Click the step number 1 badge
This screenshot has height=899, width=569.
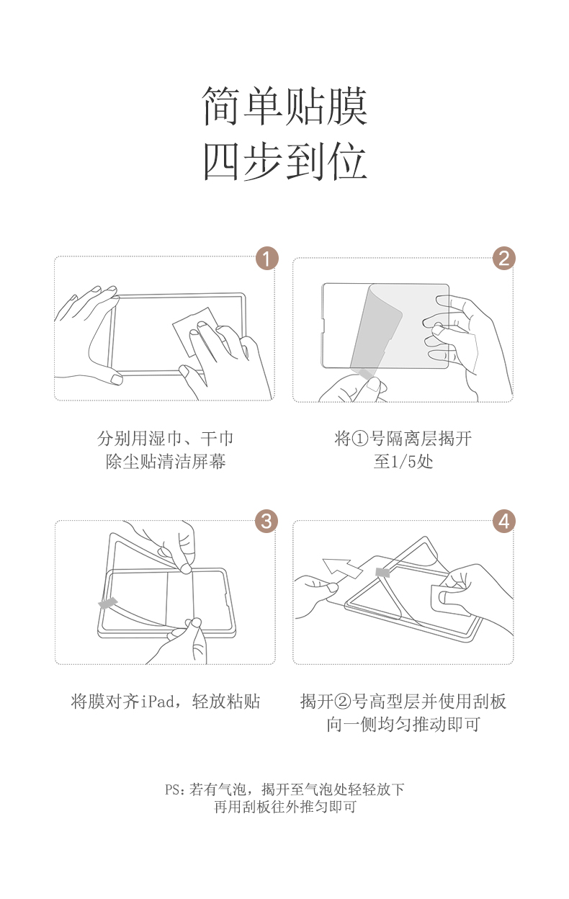(266, 258)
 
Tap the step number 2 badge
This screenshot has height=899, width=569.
(504, 258)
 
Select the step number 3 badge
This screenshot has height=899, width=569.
(266, 521)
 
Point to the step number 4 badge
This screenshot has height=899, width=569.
(504, 521)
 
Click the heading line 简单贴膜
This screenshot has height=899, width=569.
(285, 107)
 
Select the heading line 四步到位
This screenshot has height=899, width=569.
(285, 161)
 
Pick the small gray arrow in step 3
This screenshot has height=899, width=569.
(108, 601)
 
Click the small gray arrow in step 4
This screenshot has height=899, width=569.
(383, 572)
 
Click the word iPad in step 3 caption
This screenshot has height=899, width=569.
(154, 702)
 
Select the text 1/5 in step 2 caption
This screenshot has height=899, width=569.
(403, 462)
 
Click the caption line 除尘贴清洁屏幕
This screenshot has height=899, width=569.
(166, 462)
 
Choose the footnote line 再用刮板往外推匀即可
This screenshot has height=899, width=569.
(285, 808)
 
